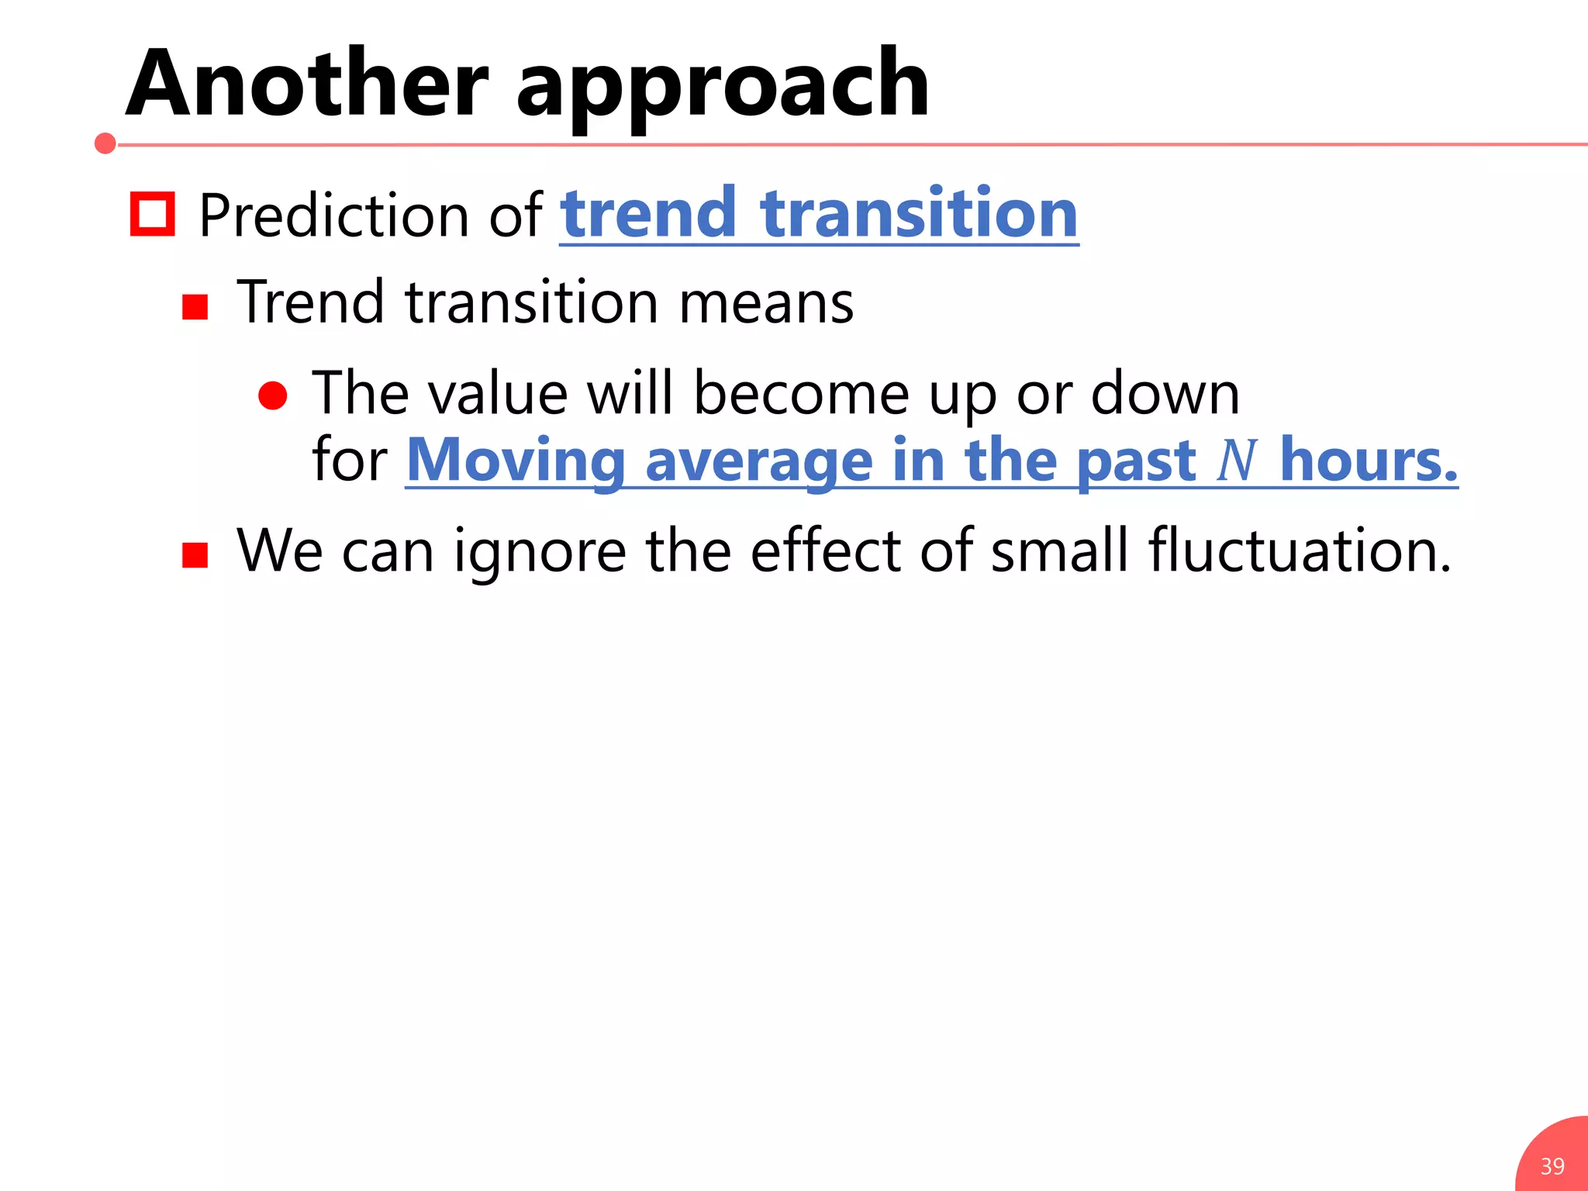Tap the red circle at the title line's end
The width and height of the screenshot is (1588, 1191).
point(105,143)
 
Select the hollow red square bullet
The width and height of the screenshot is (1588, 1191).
point(152,213)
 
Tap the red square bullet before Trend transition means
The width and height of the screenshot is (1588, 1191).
point(195,307)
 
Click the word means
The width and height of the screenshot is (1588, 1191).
point(765,302)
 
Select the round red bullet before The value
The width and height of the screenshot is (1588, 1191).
point(273,395)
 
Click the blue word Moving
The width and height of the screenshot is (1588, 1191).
point(516,461)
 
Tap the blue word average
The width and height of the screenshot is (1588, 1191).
point(758,461)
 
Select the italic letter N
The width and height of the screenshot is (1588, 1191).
point(1236,461)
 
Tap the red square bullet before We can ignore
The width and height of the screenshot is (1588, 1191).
point(195,555)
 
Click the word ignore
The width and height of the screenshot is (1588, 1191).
point(540,552)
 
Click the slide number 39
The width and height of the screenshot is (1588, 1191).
point(1552,1166)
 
